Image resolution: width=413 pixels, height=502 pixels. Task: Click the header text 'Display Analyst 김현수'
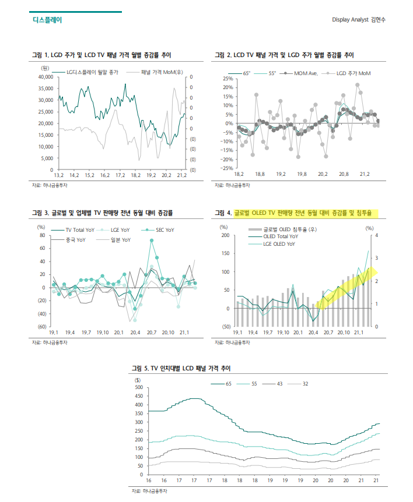click(x=358, y=19)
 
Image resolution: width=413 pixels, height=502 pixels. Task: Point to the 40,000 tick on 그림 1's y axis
click(x=45, y=77)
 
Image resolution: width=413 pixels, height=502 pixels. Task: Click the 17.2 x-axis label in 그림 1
click(x=120, y=175)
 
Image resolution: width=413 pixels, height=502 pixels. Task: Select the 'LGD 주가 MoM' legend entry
click(x=353, y=73)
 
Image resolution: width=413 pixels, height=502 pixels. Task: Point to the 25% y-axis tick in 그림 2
click(x=228, y=79)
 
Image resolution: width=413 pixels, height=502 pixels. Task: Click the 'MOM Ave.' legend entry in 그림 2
click(x=306, y=73)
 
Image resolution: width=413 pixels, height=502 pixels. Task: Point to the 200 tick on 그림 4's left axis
click(x=225, y=235)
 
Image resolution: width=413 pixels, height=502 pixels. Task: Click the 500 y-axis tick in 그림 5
click(x=139, y=387)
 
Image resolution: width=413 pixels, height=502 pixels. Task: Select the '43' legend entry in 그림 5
click(x=279, y=384)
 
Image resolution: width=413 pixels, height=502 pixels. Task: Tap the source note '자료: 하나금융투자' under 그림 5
click(x=150, y=492)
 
